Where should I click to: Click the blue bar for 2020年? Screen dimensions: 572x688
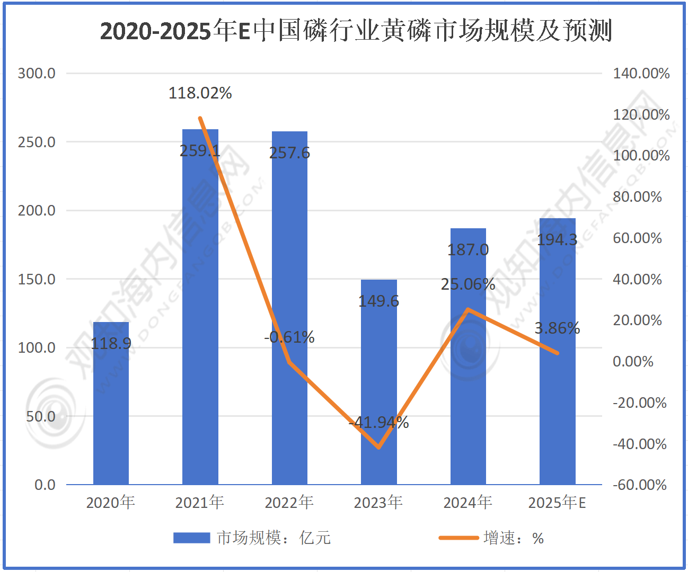tap(111, 403)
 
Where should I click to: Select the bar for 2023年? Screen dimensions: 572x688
tap(378, 381)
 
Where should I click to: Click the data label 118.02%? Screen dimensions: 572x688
tap(200, 93)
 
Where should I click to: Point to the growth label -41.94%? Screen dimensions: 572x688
tap(378, 422)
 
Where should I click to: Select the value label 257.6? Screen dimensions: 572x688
tap(289, 153)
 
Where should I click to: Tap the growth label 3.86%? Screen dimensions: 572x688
tap(557, 328)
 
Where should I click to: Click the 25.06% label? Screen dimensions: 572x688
tap(468, 284)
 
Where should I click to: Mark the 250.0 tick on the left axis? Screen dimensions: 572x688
tap(37, 142)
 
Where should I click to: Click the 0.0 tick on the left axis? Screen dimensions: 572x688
tap(45, 485)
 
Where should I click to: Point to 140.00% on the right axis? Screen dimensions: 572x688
tap(641, 73)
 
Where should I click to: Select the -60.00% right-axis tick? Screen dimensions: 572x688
tap(640, 485)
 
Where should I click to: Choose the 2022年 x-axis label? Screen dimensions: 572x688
tap(289, 502)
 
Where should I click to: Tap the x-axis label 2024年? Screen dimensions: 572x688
tap(468, 502)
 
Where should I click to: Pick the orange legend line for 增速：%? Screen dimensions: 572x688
tap(458, 538)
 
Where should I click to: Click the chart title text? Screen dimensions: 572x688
tap(356, 31)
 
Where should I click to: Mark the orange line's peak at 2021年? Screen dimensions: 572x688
tap(200, 118)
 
